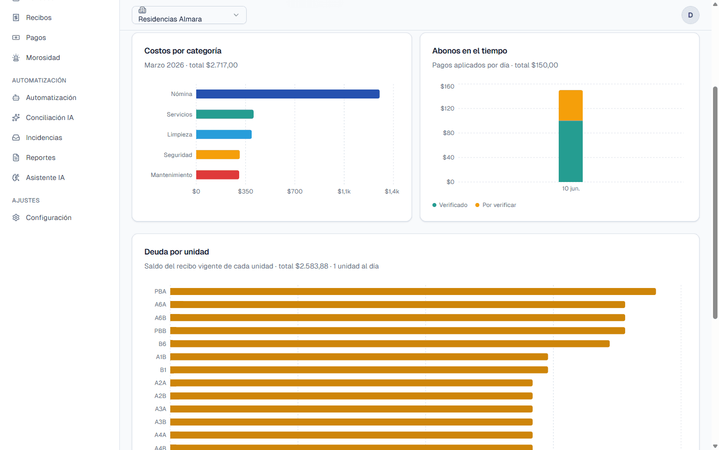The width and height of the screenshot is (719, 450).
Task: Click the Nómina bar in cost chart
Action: coord(288,94)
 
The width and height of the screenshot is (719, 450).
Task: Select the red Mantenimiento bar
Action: coord(218,175)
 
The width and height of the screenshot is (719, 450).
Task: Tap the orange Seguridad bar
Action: coord(218,154)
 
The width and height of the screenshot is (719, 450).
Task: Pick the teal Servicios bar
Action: coord(225,114)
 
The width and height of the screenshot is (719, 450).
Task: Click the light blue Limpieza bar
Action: coord(224,134)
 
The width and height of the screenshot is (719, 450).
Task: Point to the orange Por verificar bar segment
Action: coord(570,105)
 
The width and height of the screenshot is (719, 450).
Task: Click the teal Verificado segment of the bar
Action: coord(570,151)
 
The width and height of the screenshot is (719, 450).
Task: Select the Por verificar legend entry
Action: coord(496,205)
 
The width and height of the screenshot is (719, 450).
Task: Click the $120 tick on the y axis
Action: coord(447,108)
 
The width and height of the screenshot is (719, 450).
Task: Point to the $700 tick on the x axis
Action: coord(295,191)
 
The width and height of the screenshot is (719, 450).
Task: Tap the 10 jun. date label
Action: coord(571,188)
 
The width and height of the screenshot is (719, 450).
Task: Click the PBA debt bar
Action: coord(413,291)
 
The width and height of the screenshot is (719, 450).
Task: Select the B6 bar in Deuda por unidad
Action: coord(389,344)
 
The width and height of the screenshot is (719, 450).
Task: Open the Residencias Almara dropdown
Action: coord(189,15)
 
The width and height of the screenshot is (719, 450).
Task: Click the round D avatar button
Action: coord(690,15)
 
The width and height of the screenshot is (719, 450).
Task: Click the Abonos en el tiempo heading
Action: coord(469,51)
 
